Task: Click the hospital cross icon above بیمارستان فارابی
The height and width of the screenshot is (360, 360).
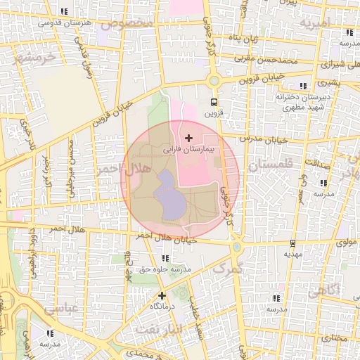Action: (188, 137)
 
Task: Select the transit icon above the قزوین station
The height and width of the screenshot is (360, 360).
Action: (214, 102)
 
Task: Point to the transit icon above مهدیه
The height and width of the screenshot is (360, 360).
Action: (293, 243)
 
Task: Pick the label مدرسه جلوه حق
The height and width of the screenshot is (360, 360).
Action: (167, 269)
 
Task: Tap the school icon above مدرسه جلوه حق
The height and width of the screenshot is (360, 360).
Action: (165, 259)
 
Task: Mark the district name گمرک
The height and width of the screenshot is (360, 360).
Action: (227, 269)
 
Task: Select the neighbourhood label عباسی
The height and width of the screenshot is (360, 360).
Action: (60, 308)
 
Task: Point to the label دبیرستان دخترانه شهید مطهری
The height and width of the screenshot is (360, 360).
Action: (299, 102)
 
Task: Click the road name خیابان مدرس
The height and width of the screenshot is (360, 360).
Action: (264, 139)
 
